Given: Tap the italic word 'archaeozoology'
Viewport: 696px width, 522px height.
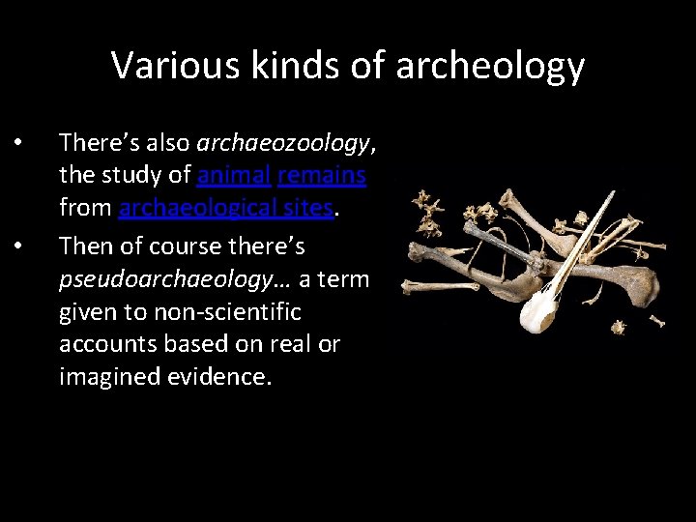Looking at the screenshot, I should [x=283, y=143].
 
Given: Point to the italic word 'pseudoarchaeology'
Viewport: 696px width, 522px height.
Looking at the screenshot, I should [x=141, y=279].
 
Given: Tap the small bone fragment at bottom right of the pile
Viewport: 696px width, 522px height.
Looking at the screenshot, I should [x=618, y=327].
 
